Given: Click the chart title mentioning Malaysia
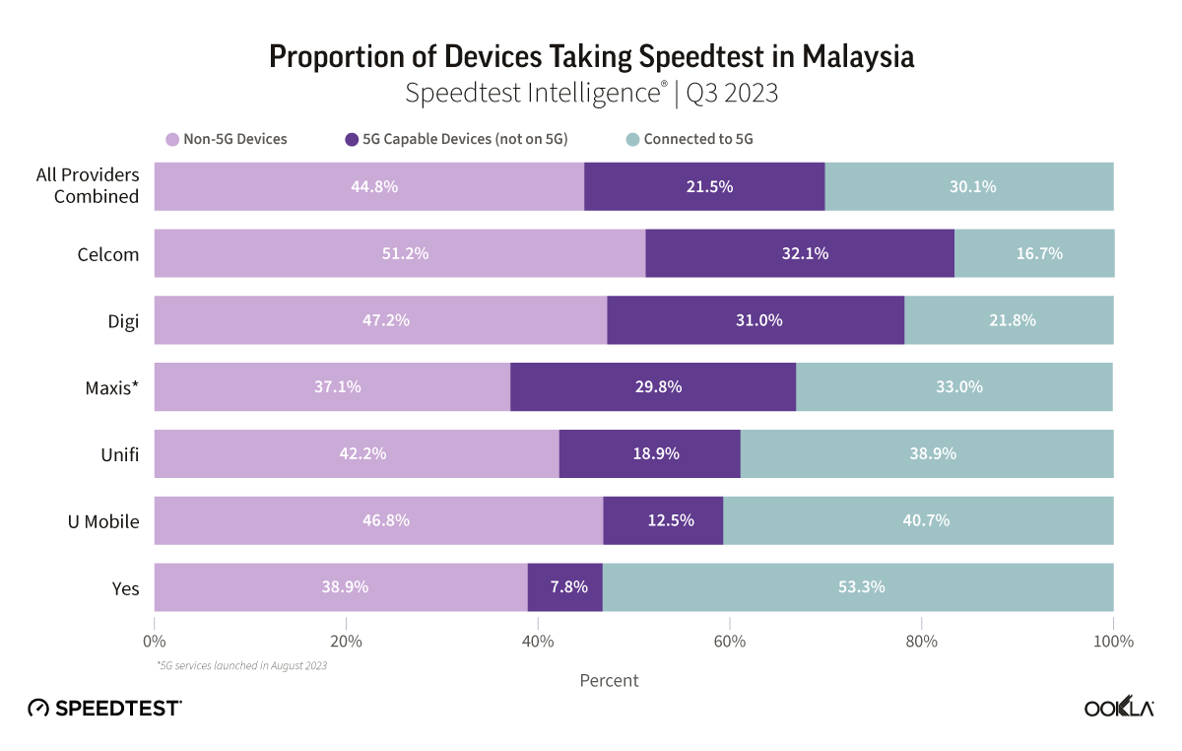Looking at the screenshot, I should (x=591, y=57).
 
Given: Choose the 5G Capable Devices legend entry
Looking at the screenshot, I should (x=456, y=139).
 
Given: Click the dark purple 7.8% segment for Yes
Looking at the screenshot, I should (x=564, y=587).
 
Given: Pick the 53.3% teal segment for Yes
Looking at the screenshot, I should (x=858, y=587).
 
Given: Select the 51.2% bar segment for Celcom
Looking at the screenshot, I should (x=400, y=253).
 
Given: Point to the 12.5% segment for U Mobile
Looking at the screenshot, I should (x=663, y=520).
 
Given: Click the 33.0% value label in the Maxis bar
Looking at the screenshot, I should (x=958, y=387).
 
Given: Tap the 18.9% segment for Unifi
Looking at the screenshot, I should (x=650, y=453).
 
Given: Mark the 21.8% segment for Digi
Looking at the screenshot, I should (x=1009, y=320).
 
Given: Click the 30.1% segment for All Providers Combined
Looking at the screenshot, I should (x=969, y=186).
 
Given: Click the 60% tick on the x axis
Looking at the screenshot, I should (x=729, y=642).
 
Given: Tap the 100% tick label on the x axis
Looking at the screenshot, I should (x=1112, y=642).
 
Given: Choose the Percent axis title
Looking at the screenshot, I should (x=609, y=680).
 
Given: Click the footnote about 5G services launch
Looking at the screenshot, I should (x=241, y=666).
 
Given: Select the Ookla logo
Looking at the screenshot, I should (x=1119, y=709).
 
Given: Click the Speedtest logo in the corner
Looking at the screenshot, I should (x=104, y=708).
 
